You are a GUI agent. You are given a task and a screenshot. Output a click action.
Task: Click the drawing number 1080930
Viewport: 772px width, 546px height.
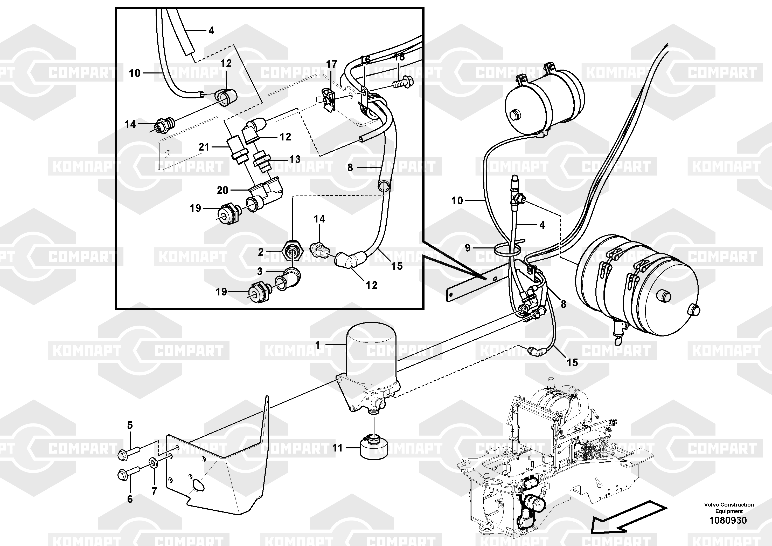point(728,520)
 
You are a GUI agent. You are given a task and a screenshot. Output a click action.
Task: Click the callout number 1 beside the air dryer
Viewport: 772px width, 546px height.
point(317,345)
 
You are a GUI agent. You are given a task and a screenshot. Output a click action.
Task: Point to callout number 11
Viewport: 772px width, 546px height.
point(337,448)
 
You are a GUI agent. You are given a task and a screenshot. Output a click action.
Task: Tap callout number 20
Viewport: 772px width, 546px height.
point(222,190)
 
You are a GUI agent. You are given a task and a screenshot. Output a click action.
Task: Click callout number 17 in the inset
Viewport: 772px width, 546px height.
point(331,64)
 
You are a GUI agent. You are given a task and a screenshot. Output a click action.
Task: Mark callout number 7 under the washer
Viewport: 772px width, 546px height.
point(154,491)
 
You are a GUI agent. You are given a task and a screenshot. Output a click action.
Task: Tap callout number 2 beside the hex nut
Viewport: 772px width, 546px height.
point(261,252)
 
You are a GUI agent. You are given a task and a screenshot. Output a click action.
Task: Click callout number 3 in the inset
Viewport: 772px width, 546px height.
point(260,271)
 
